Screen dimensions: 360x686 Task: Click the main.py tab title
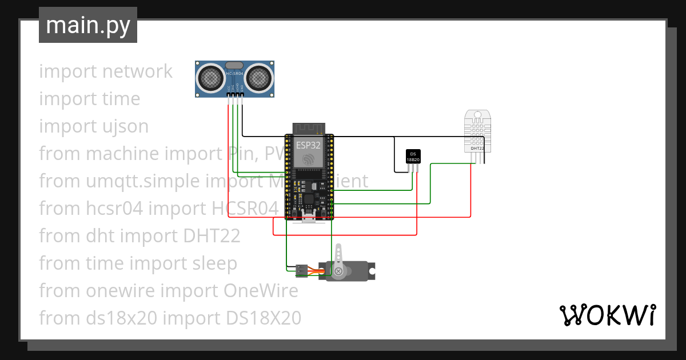pos(87,25)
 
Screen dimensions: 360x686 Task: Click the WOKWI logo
pos(607,315)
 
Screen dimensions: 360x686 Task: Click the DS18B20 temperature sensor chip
pos(413,157)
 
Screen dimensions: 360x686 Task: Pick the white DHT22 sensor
pos(477,131)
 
